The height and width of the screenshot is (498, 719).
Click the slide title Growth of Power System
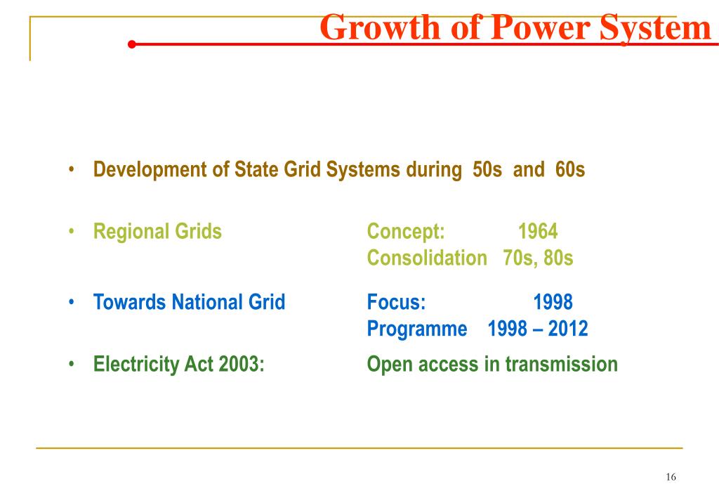515,28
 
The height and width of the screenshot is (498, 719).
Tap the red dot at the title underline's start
131,44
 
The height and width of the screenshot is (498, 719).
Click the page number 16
670,477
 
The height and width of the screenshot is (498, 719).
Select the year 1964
538,231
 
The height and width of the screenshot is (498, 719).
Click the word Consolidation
426,258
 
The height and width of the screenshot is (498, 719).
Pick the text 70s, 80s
538,258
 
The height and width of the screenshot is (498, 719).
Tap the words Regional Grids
157,231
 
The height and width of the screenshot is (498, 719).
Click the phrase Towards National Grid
190,302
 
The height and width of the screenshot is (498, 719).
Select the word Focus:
396,302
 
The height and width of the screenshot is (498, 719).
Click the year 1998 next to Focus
553,302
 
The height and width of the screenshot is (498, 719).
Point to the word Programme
416,328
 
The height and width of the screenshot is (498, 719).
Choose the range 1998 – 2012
537,328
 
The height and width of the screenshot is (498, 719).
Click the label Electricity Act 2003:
179,364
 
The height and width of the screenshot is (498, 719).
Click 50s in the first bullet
487,170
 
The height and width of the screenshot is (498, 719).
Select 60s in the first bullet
569,170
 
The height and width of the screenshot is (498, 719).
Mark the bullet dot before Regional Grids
73,231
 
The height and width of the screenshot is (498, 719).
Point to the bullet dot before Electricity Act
73,364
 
